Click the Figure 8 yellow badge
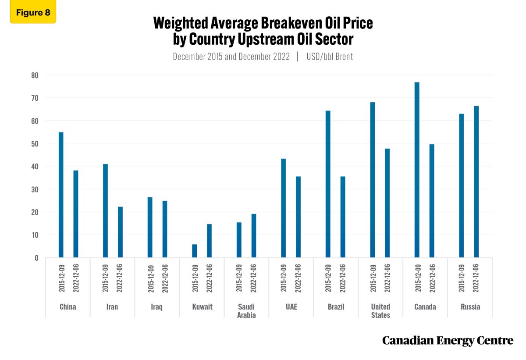33,12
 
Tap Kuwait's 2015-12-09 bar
195,251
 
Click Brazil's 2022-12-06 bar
343,217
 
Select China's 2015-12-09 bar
61,195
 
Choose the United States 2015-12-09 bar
373,180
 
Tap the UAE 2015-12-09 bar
284,208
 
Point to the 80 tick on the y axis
35,75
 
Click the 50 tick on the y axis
35,143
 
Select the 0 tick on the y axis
36,258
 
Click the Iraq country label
156,307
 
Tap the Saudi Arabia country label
246,311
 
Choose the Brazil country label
335,307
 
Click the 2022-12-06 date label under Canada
432,278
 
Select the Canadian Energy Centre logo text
448,340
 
